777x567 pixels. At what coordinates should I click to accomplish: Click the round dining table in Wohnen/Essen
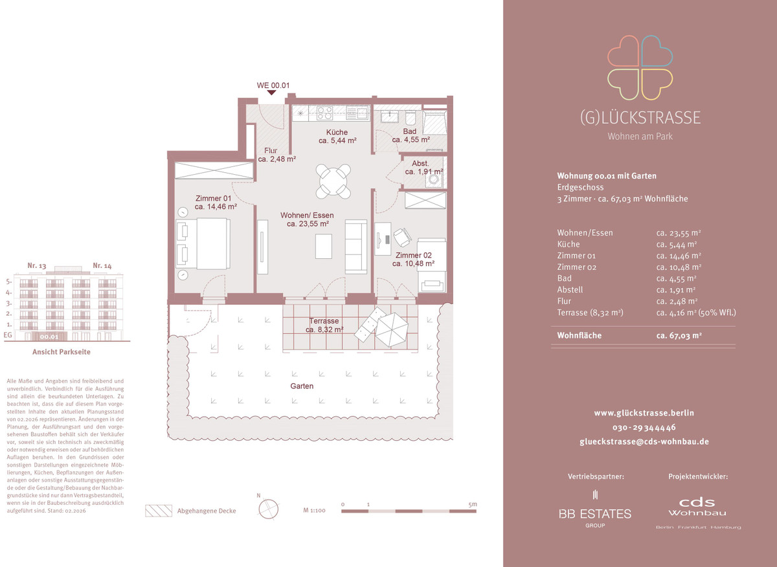[333, 181]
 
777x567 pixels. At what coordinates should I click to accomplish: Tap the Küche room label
[337, 132]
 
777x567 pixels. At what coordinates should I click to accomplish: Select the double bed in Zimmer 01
[203, 243]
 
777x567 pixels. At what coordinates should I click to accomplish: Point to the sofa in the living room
[356, 247]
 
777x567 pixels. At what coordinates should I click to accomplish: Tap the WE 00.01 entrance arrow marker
[271, 93]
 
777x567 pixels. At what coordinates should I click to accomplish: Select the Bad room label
[409, 131]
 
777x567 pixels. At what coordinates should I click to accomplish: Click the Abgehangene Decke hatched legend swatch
[159, 511]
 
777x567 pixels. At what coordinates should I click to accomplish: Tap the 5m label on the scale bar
[473, 504]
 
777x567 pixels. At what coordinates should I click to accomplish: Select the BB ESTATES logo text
[595, 513]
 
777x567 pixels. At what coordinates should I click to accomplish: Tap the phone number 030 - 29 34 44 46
[644, 427]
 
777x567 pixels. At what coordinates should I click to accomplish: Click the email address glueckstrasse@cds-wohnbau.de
[644, 441]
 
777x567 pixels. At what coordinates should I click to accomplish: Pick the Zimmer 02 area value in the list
[679, 267]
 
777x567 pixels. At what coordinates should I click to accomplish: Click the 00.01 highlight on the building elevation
[49, 337]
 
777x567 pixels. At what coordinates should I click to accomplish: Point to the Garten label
[302, 386]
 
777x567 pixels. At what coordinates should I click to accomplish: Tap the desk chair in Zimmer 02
[402, 238]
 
